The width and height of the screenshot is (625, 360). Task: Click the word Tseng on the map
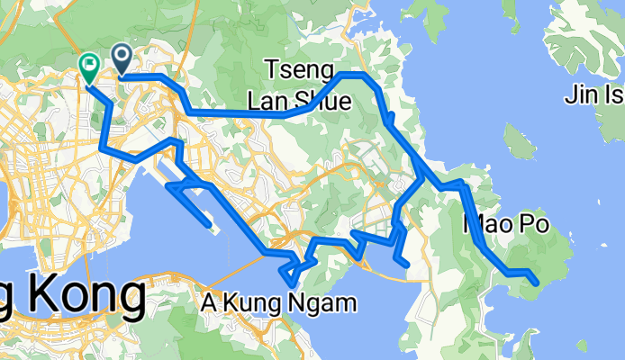point(300,69)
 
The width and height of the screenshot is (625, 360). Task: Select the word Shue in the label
point(322,100)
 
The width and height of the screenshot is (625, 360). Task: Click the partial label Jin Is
point(595,93)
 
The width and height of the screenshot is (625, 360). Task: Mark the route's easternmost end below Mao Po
point(537,283)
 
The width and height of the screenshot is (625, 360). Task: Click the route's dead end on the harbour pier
point(210,225)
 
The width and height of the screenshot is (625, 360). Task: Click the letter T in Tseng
point(273,69)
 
